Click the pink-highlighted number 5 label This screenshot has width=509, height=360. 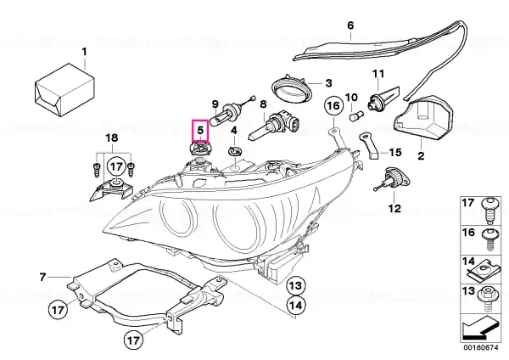[200, 130]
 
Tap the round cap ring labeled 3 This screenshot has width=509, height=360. [291, 88]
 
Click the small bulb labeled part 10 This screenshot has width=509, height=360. [355, 116]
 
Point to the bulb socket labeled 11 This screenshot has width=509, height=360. [383, 98]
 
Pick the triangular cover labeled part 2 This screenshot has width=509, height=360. [424, 117]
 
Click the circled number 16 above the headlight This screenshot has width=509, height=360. [333, 106]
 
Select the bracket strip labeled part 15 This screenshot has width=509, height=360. [369, 145]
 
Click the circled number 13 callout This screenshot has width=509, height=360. [296, 285]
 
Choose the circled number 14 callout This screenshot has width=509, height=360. [296, 306]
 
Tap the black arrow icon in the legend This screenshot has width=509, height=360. [480, 329]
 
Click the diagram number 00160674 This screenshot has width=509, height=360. [481, 347]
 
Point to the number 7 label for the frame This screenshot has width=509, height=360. [42, 278]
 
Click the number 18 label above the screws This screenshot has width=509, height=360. [112, 138]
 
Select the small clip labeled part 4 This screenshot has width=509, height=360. [235, 151]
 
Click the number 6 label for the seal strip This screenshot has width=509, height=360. [350, 25]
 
